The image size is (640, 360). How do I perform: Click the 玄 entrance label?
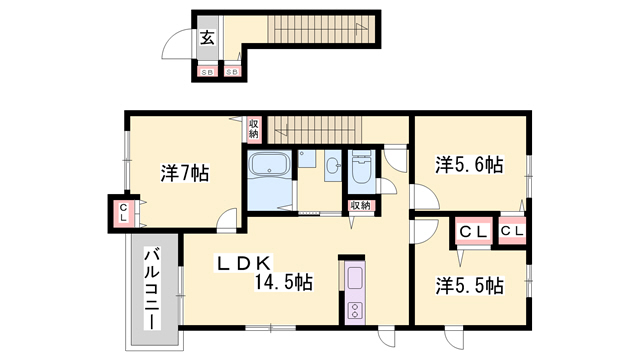(206, 39)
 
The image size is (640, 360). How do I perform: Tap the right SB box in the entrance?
(232, 72)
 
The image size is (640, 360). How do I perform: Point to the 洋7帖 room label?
(184, 173)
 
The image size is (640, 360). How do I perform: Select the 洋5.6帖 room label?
(468, 164)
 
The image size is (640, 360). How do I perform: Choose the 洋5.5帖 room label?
(468, 285)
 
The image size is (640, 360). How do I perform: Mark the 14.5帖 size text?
(283, 283)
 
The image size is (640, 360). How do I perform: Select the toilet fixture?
(362, 170)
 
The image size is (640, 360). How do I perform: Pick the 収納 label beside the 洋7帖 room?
(254, 127)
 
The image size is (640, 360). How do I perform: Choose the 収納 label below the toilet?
(360, 205)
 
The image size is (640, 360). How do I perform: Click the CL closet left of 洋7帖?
(122, 212)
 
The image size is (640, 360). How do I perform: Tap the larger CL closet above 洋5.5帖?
(473, 232)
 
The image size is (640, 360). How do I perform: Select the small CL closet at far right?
(513, 232)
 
